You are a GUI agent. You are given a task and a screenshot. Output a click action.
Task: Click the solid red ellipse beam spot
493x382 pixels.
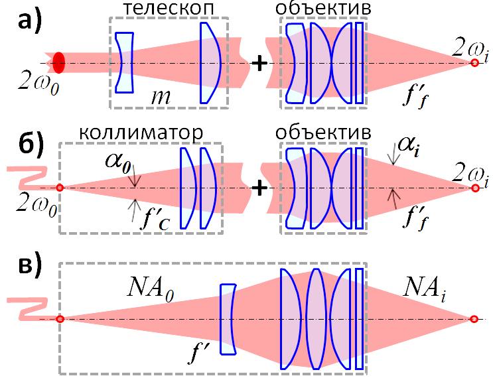tap(59, 62)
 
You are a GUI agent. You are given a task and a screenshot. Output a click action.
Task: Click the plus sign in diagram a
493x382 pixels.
tap(260, 63)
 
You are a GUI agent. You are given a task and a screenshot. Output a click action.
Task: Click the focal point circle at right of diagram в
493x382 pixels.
tap(474, 319)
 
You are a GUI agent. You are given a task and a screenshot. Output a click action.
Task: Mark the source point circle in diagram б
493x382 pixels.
tap(60, 188)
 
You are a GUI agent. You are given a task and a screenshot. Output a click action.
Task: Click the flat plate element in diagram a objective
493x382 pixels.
tap(359, 63)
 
